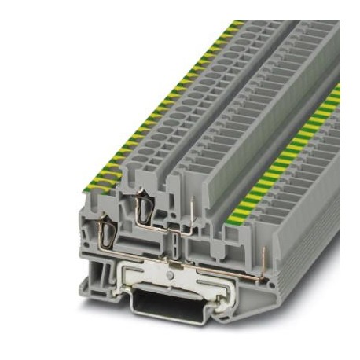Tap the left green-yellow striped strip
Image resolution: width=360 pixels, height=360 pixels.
157,102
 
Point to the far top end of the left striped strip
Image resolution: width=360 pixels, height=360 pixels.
236,26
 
